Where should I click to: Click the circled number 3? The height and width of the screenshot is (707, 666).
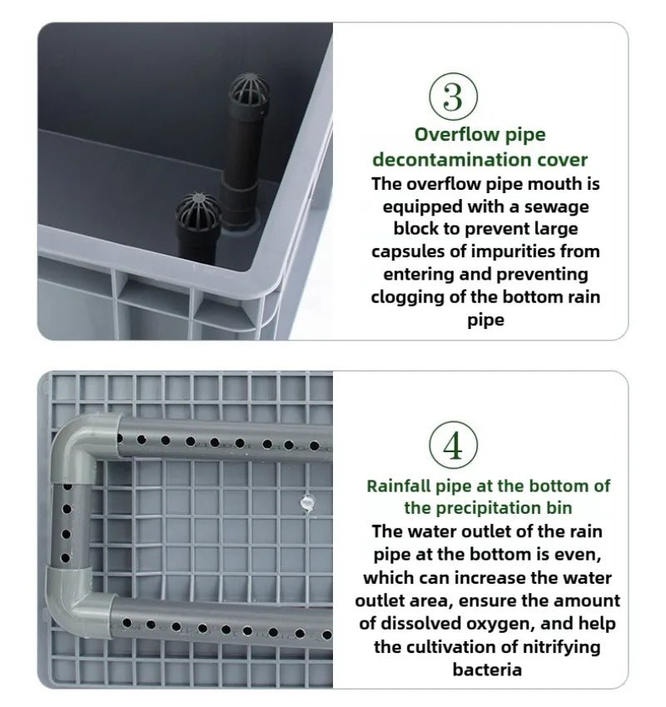pos(453,97)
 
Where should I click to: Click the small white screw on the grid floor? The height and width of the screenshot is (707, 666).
pos(305,503)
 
